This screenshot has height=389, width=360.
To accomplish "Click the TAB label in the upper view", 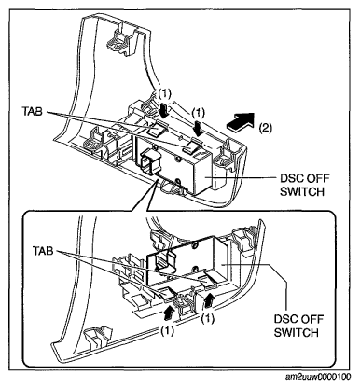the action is tap(32, 112).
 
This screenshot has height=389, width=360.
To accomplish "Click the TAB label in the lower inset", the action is tap(44, 251).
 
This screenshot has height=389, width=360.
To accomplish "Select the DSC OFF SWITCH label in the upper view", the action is tap(304, 185).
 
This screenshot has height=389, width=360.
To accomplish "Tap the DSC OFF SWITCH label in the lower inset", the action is tap(298, 326).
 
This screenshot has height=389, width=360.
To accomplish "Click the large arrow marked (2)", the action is tap(241, 122).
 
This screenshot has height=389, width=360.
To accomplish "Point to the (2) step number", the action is tap(265, 128).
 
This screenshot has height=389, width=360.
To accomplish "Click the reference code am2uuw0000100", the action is tap(318, 377).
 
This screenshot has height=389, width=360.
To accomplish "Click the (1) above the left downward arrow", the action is tap(164, 93).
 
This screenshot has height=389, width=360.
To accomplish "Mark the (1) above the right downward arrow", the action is tap(198, 113).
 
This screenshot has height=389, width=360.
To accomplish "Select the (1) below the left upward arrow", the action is tap(167, 331).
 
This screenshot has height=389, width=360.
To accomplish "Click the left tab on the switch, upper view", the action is tap(158, 129).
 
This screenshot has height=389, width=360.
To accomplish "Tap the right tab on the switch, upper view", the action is tap(192, 146).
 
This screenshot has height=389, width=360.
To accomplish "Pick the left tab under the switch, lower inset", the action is tap(166, 293).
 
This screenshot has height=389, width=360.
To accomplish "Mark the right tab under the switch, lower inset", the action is tap(208, 280).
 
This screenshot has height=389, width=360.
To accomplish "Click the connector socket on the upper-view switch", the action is tap(148, 161).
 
